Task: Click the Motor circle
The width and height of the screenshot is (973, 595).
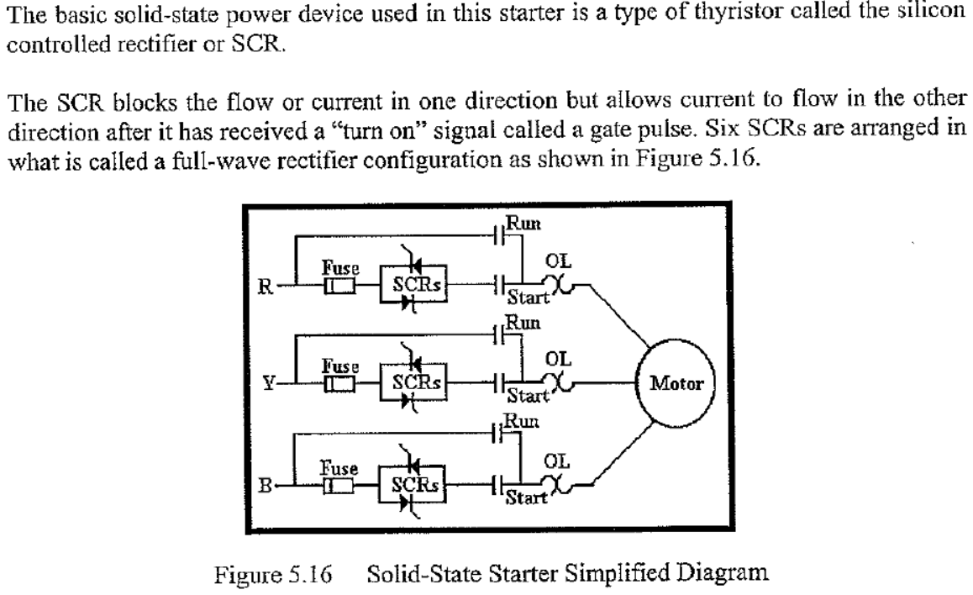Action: click(x=677, y=386)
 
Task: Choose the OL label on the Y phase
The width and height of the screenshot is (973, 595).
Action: click(x=559, y=360)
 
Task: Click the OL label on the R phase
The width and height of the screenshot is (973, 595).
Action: click(x=559, y=262)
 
